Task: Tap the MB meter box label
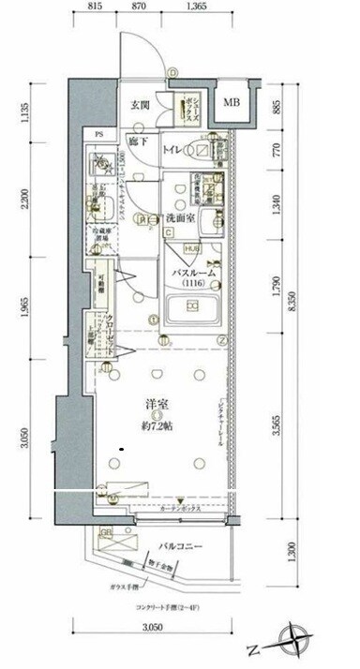(231, 104)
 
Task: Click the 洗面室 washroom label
(179, 217)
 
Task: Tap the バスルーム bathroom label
(194, 273)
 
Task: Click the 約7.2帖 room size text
(158, 426)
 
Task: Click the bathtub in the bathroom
(191, 308)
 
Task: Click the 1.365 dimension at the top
(223, 7)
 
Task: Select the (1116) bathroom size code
(194, 283)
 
